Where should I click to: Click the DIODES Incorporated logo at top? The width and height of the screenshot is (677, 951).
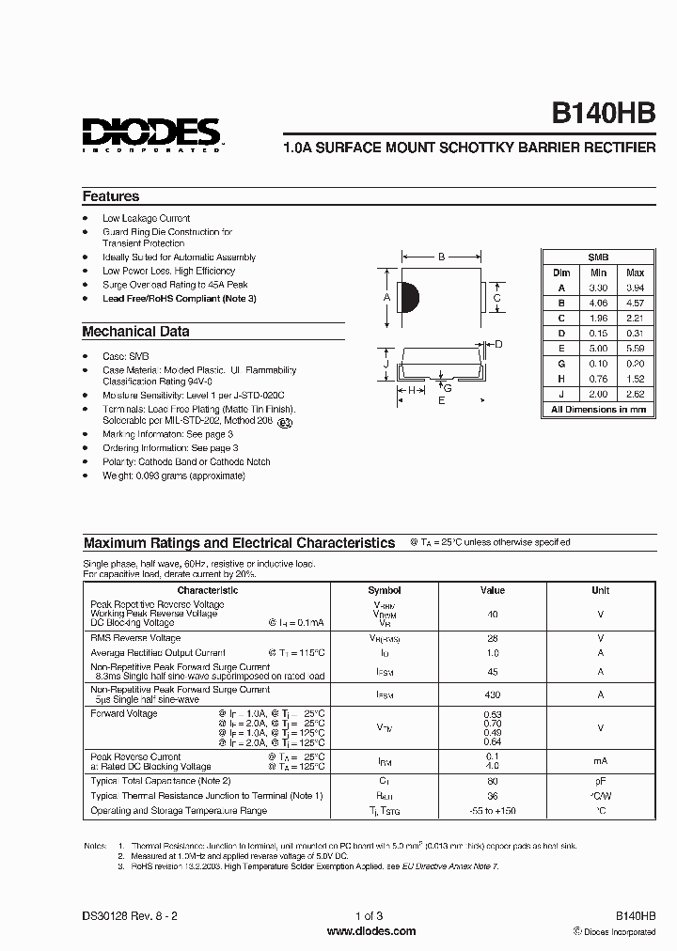[150, 133]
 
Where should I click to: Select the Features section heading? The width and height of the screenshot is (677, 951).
[111, 196]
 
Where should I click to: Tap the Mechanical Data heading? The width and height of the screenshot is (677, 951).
[135, 332]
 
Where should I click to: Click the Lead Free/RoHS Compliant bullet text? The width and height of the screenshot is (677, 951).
[179, 298]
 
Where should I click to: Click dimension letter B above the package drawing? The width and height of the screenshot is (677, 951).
[440, 256]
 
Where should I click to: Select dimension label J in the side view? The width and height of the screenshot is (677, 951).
[386, 363]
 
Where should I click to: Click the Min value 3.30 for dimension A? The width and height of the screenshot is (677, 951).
[597, 288]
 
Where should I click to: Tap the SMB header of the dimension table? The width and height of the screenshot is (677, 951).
[597, 257]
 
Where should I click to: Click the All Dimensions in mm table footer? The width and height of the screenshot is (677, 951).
[597, 410]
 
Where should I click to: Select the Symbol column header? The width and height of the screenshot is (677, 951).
[384, 590]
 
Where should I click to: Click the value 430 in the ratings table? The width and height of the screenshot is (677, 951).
[492, 694]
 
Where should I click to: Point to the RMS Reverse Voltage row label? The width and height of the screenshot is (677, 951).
[135, 637]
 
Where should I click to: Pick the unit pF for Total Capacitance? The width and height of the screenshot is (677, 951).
[600, 781]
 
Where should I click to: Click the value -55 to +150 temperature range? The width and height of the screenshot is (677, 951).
[492, 811]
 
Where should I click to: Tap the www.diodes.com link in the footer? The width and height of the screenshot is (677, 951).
[371, 931]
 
